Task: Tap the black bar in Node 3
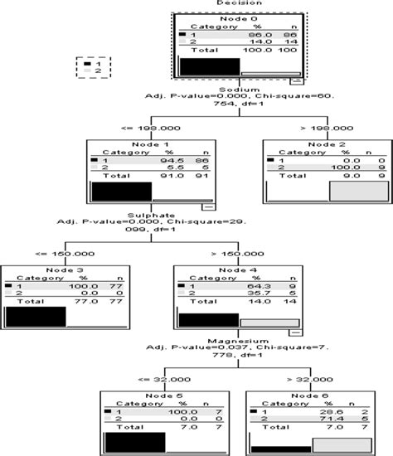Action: (36, 317)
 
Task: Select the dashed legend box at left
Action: (88, 67)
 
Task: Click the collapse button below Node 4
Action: (294, 331)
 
